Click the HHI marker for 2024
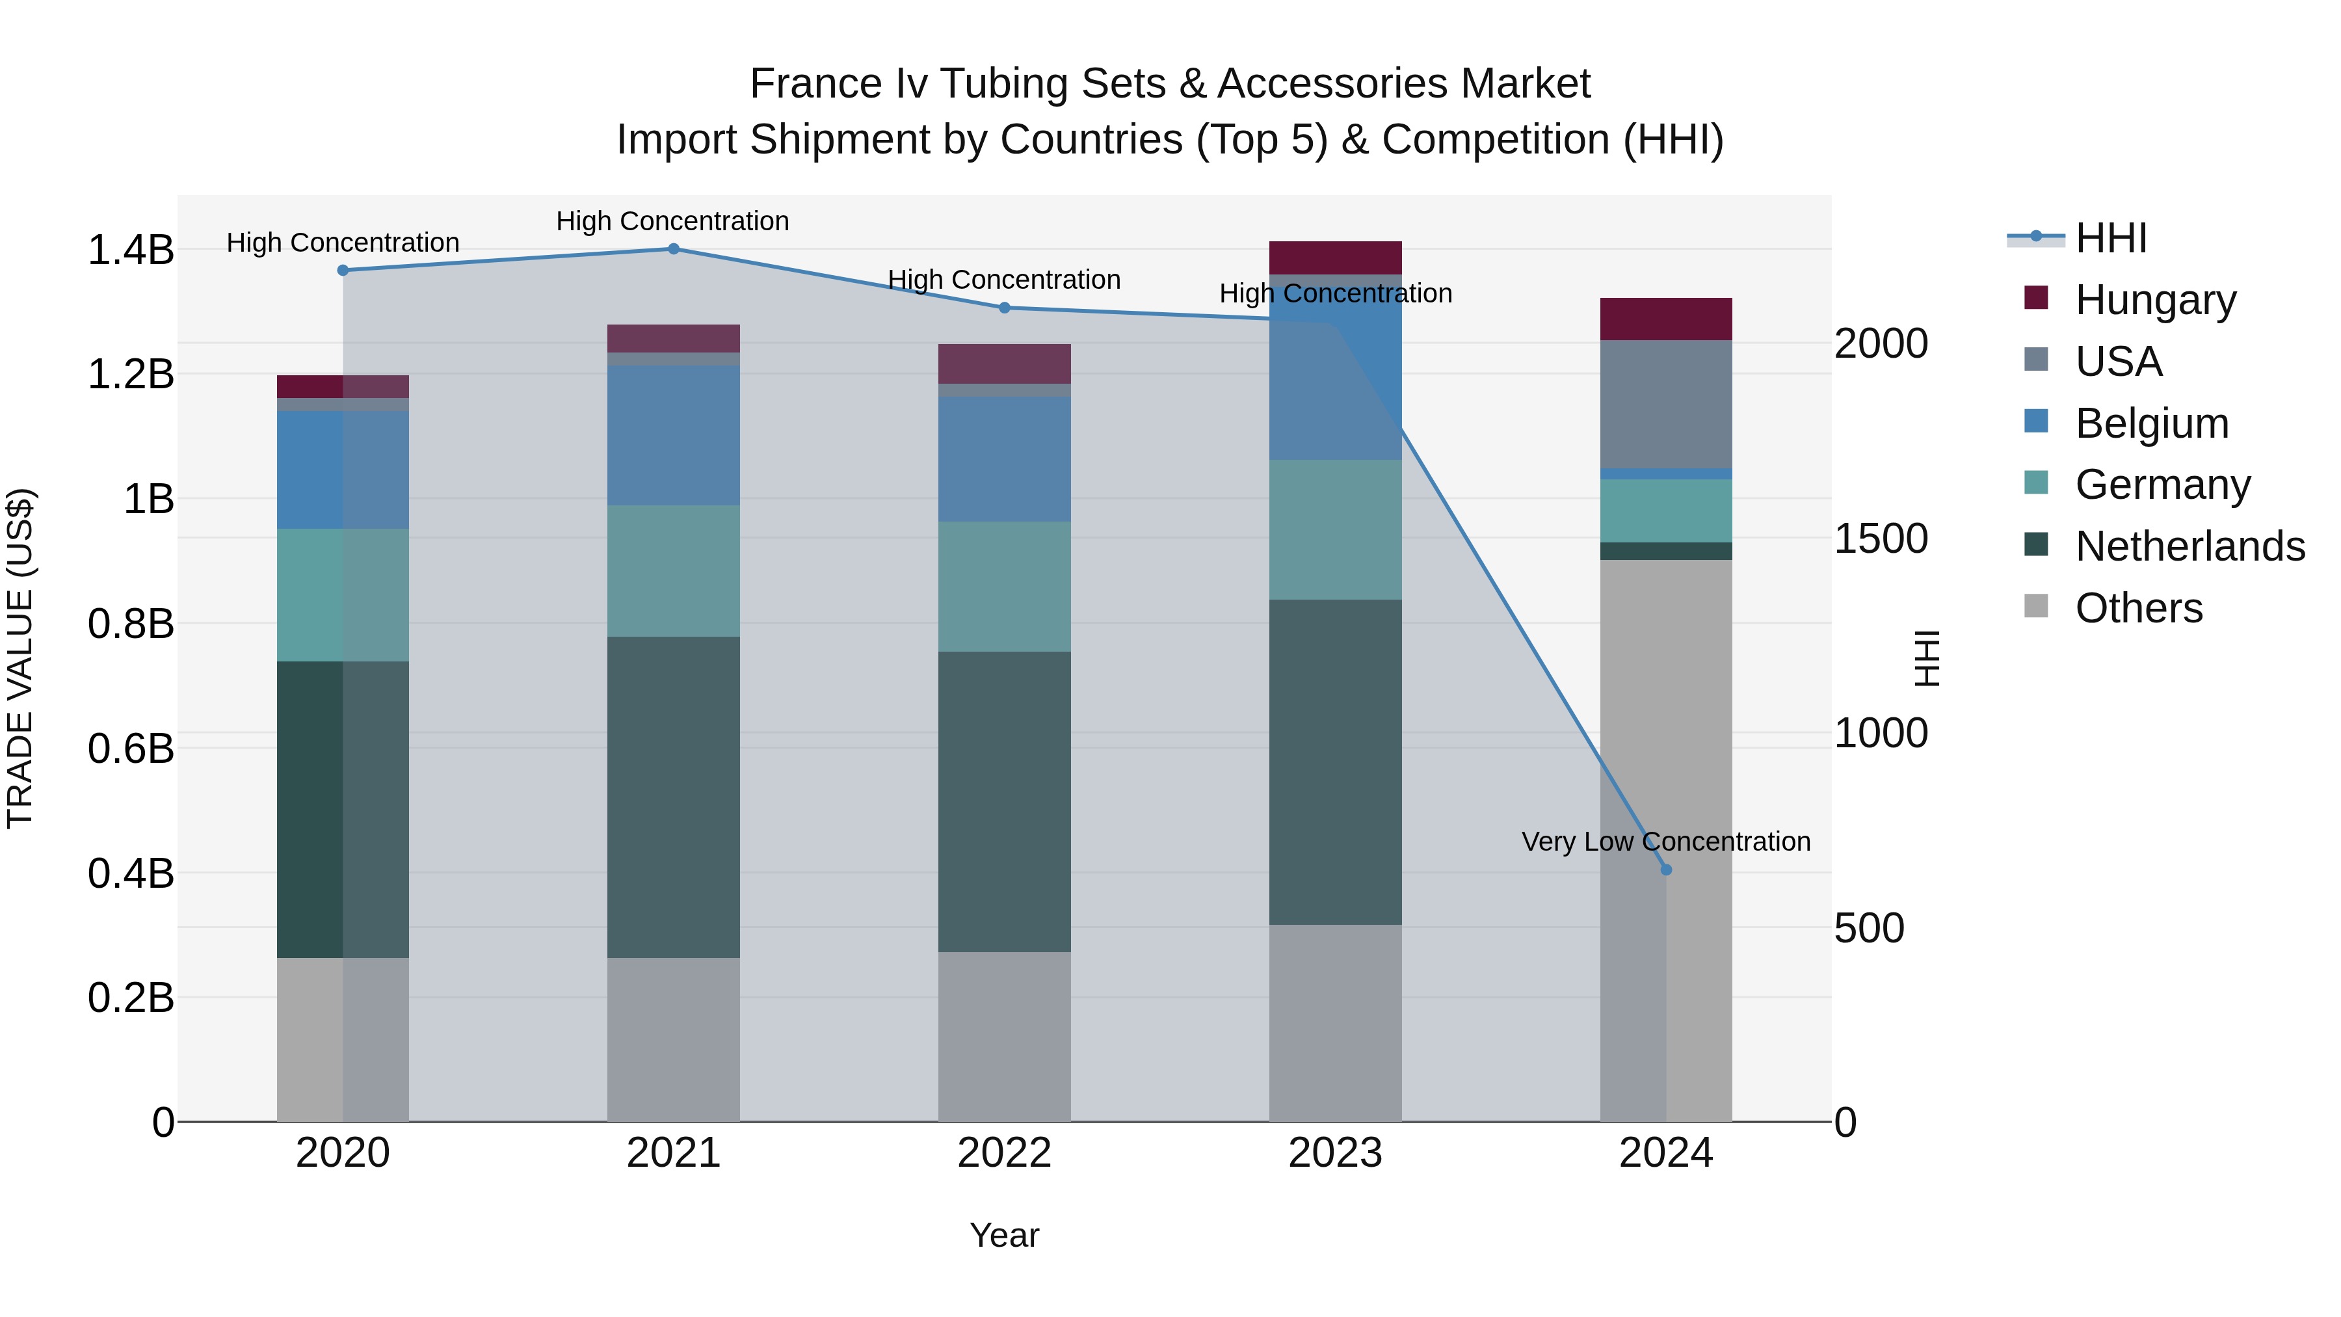[x=1666, y=870]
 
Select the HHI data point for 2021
[x=674, y=249]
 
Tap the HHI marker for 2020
[x=343, y=270]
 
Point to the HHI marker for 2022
[x=1004, y=308]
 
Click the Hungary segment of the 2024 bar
[x=1666, y=319]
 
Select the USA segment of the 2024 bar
[x=1666, y=405]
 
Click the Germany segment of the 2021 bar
[x=674, y=571]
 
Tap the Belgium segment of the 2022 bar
[x=1004, y=459]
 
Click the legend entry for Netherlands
[x=2189, y=546]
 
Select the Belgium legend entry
[x=2151, y=423]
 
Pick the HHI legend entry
[x=2110, y=238]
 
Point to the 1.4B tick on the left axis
[x=130, y=250]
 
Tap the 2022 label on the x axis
[x=1004, y=1152]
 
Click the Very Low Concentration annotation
[x=1666, y=842]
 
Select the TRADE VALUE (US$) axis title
[x=20, y=658]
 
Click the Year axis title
[x=1004, y=1235]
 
